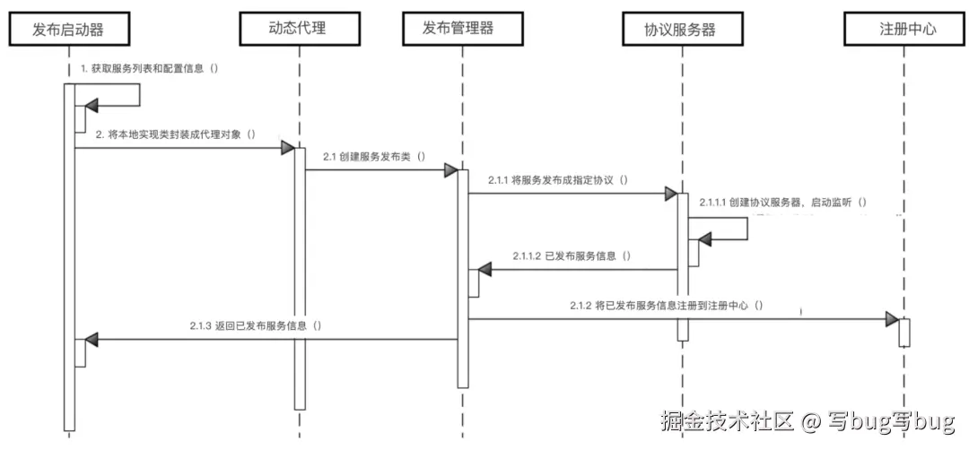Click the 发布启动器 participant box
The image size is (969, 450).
[68, 29]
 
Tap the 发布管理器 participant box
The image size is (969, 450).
[458, 29]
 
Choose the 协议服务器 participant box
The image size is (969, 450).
[681, 29]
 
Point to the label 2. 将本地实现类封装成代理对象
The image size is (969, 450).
[176, 134]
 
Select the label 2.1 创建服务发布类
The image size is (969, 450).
[374, 156]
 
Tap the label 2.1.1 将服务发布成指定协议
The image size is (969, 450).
[557, 180]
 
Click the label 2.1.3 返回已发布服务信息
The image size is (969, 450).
[256, 326]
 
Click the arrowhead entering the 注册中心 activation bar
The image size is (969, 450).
[892, 319]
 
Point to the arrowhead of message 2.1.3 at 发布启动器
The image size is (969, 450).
[91, 340]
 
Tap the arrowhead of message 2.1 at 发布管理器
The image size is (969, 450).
[451, 169]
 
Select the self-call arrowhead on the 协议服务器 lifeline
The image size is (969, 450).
[706, 239]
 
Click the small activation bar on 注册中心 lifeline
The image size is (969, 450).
[904, 332]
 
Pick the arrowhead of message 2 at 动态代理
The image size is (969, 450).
[288, 147]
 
